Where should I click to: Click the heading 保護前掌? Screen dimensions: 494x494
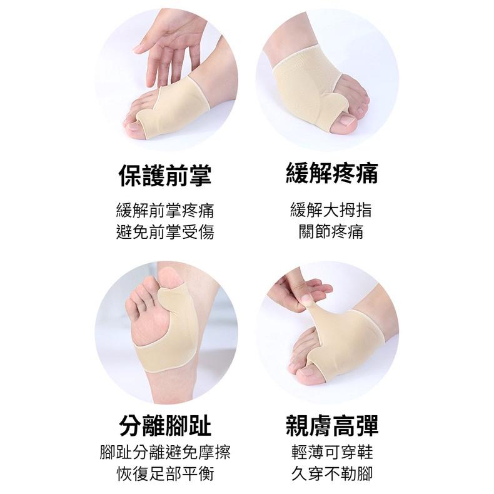(x=165, y=176)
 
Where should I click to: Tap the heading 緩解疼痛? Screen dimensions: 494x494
(x=332, y=173)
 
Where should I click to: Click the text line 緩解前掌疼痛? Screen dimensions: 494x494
(x=165, y=211)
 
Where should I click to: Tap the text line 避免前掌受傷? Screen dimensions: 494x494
(x=165, y=232)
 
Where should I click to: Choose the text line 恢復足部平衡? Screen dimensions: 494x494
(x=165, y=473)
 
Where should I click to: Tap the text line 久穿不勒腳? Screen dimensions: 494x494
(x=332, y=473)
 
